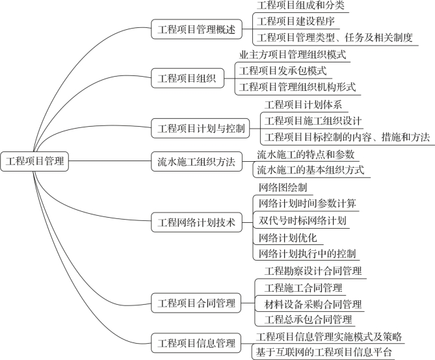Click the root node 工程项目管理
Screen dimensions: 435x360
(34, 161)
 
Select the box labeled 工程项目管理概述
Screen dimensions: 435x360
(196, 29)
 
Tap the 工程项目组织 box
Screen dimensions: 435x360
(187, 78)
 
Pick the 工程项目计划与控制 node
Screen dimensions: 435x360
(200, 128)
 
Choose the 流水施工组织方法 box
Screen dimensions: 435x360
(196, 161)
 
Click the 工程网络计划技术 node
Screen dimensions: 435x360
(196, 222)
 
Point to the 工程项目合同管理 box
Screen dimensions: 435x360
(196, 303)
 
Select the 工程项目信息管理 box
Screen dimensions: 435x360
(196, 343)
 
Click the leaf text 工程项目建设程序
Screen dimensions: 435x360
(296, 21)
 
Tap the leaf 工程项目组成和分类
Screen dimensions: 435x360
(300, 5)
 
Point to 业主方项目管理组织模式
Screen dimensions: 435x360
(293, 55)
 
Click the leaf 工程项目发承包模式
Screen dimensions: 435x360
(283, 71)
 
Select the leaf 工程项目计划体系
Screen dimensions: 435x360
(303, 105)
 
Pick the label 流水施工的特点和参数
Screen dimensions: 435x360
(306, 155)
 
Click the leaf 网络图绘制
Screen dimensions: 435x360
(283, 188)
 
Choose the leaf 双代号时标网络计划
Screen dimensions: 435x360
(302, 221)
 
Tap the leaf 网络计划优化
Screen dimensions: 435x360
(287, 238)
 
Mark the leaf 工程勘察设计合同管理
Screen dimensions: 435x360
(313, 271)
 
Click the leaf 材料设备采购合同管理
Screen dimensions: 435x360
(313, 304)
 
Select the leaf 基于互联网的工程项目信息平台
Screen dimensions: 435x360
(324, 352)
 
